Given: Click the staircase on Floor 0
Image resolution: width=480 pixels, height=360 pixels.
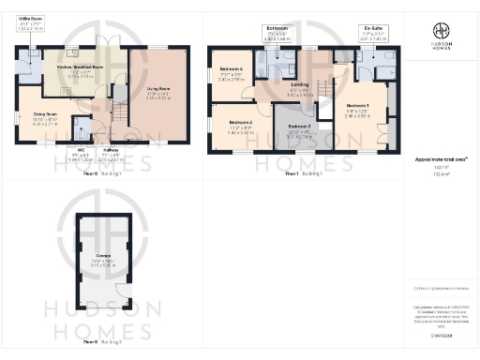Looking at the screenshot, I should click(120, 110).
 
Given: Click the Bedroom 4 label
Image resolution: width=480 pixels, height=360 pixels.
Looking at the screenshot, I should click(231, 76).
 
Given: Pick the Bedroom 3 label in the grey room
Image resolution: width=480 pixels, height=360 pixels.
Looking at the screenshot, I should click(298, 130).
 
